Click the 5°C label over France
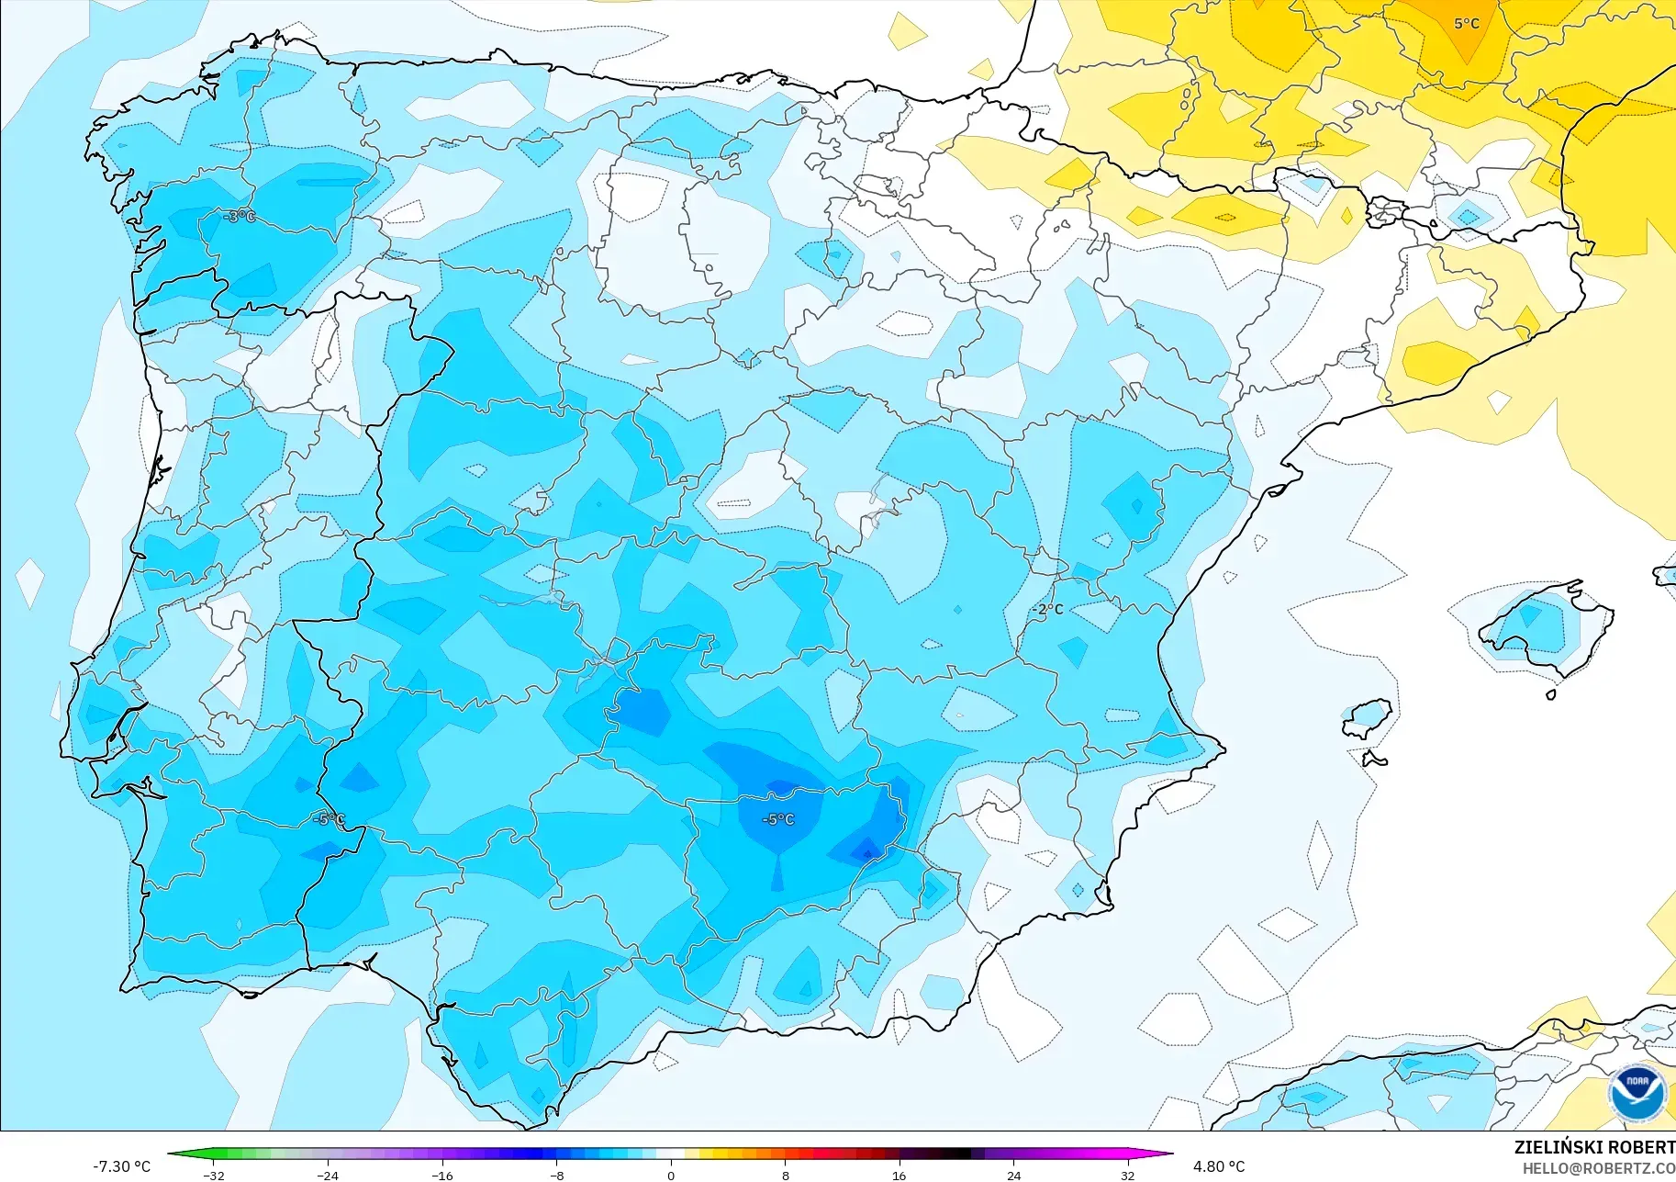coord(1466,24)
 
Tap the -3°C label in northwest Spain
coord(240,217)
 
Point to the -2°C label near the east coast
coord(1047,609)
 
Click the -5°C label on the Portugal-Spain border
coord(328,819)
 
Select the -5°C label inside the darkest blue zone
coord(778,819)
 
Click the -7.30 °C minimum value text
coord(121,1166)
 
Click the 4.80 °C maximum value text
coord(1219,1166)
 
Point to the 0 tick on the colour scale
coord(671,1176)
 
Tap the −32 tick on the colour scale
coord(214,1176)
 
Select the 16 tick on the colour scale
coord(899,1176)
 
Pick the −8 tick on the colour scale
coord(557,1176)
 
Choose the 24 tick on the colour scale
coord(1013,1176)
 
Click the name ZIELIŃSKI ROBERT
coord(1594,1147)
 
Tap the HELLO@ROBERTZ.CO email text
coord(1598,1169)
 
